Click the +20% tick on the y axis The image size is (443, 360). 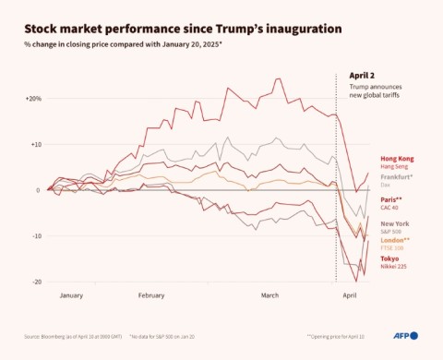click(x=32, y=98)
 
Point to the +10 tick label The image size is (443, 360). click(x=34, y=144)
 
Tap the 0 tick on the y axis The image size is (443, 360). click(x=37, y=190)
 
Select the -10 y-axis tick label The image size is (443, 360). click(x=35, y=235)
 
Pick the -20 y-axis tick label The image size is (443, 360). click(x=35, y=282)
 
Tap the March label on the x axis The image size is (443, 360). click(x=269, y=295)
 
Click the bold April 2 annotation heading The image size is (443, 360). click(x=362, y=75)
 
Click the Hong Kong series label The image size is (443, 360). click(x=396, y=158)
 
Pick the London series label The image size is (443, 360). click(x=396, y=240)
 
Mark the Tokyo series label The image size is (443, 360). click(x=390, y=258)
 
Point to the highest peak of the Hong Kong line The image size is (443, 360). click(x=279, y=79)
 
